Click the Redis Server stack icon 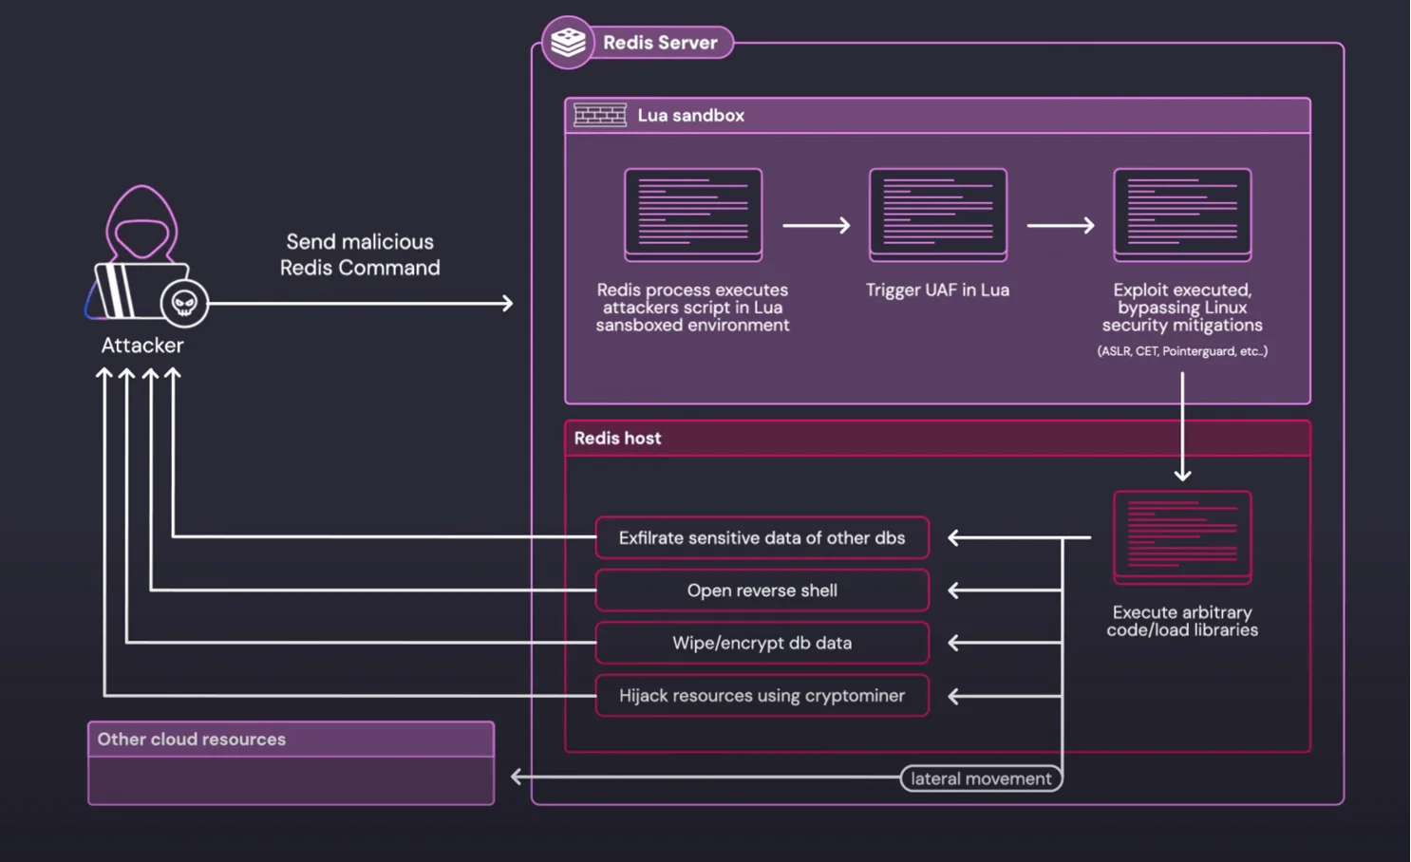[x=568, y=42]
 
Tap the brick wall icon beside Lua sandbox [x=600, y=115]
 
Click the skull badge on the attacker [x=184, y=303]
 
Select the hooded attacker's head [x=142, y=225]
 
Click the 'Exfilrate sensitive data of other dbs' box [x=762, y=537]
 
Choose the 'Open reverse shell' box [x=762, y=590]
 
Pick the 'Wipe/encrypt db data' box [x=762, y=643]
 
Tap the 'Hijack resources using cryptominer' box [x=762, y=696]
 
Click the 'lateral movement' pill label [x=981, y=778]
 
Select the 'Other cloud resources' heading [x=192, y=739]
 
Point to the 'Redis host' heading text [x=617, y=438]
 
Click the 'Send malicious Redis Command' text [x=360, y=254]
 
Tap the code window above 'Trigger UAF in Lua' [x=937, y=215]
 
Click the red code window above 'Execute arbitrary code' [x=1182, y=536]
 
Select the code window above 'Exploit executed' [x=1182, y=215]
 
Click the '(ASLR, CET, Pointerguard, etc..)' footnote [x=1182, y=351]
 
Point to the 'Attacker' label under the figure [x=142, y=346]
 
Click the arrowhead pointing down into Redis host [x=1182, y=474]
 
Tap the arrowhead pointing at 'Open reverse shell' [x=954, y=590]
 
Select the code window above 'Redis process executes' [x=693, y=215]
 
